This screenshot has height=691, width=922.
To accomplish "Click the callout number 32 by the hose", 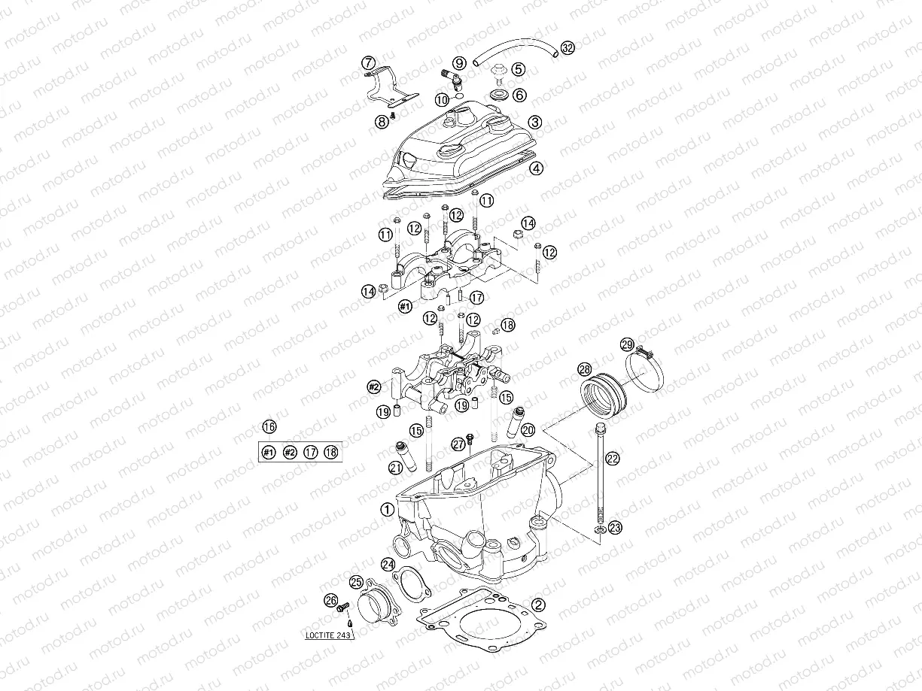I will pos(567,48).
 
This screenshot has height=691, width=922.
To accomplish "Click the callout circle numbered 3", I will pos(534,122).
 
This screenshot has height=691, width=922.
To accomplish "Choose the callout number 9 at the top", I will pos(459,62).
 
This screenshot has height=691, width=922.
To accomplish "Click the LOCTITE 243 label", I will pos(329,634).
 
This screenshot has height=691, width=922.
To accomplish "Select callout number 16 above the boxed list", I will pos(268,428).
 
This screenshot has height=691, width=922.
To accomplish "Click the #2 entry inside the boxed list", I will pos(289,452).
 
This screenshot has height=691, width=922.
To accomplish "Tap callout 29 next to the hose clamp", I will pos(627,345).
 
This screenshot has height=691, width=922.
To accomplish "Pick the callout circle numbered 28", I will pos(584,369).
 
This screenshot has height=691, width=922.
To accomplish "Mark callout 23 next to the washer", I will pos(615,529).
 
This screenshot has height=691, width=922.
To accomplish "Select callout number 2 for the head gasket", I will pos(537,604).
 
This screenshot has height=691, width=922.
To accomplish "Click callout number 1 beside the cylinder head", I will pos(387,509).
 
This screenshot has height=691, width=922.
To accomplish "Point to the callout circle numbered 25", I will pos(356,581).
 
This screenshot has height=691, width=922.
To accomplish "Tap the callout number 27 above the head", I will pos(458,444).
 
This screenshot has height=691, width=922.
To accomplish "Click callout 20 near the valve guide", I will pos(527,429).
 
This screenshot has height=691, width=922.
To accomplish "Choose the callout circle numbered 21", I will pos(395,468).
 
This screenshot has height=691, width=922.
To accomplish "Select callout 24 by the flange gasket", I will pos(388,563).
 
